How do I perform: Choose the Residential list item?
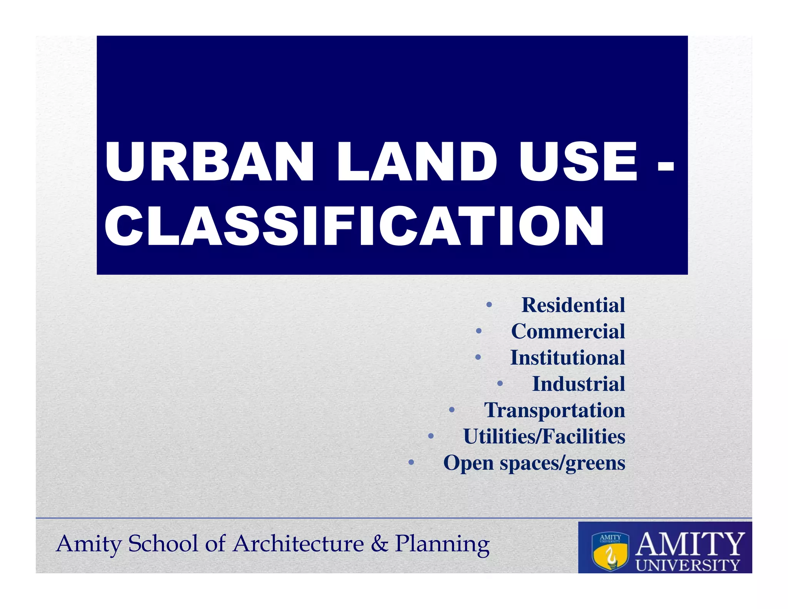tap(573, 305)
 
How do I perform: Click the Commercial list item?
tap(568, 331)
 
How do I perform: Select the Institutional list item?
tap(568, 358)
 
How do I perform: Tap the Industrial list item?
tap(578, 384)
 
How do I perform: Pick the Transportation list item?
tap(554, 410)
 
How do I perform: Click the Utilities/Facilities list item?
tap(544, 437)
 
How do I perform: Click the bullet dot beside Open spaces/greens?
tap(411, 462)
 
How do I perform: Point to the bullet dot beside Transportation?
tap(452, 410)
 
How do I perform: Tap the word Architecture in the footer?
tap(299, 544)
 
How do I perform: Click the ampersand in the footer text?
tap(379, 544)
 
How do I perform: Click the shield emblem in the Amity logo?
tap(610, 551)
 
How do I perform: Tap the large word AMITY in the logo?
tap(689, 544)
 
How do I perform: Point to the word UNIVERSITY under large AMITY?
tap(688, 565)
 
